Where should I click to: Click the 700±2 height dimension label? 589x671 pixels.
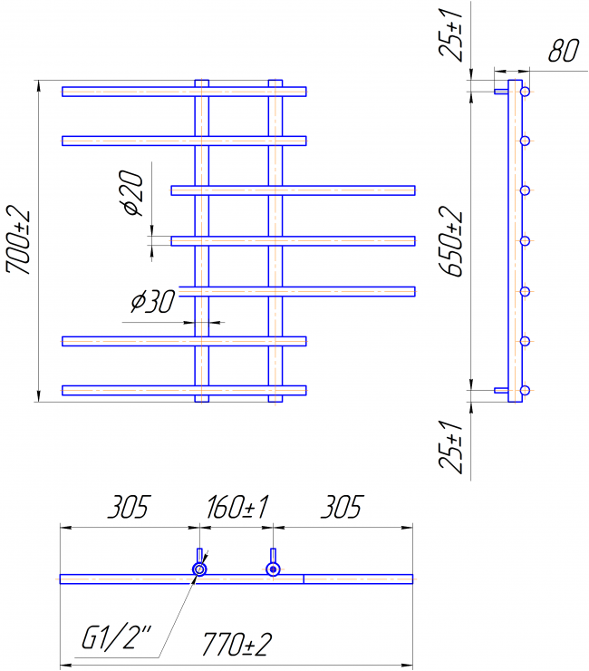18,242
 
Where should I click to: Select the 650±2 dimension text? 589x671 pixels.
451,241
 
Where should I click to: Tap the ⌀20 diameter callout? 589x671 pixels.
131,192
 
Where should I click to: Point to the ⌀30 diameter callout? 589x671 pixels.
153,301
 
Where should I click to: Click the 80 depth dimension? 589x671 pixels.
564,50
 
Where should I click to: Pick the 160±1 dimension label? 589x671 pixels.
237,507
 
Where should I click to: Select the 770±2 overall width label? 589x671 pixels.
237,645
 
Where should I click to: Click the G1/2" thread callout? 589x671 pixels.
116,638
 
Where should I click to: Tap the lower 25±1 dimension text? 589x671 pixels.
451,447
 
